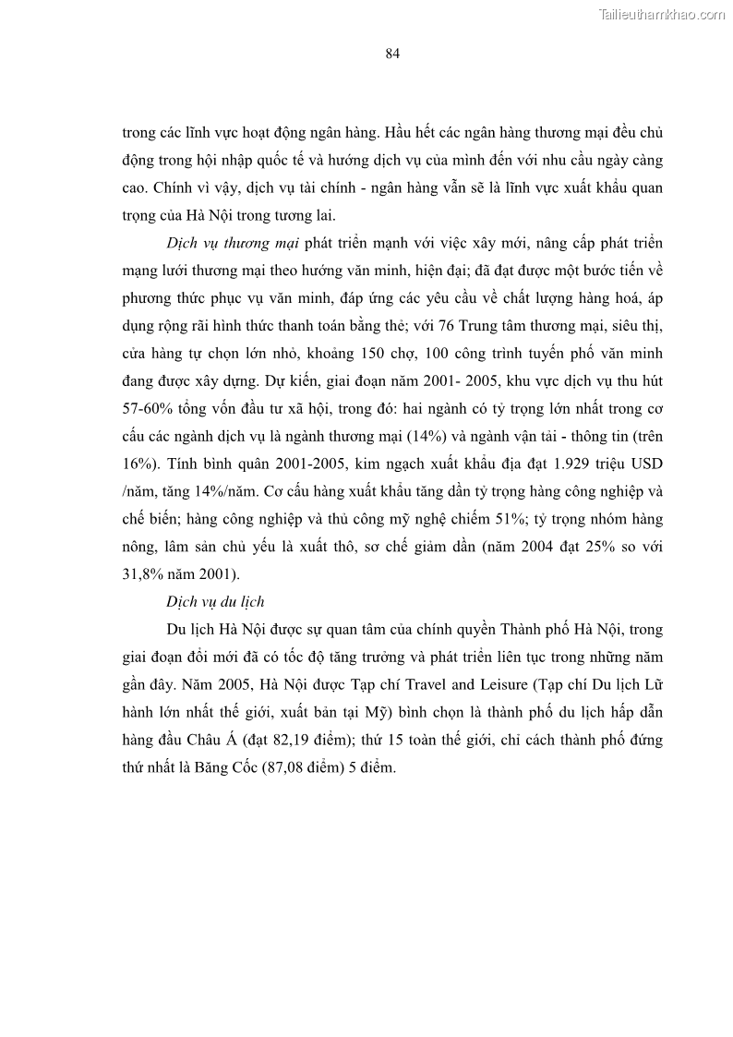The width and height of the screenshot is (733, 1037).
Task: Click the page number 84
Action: (391, 54)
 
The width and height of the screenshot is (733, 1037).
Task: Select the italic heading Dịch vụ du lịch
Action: (215, 602)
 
